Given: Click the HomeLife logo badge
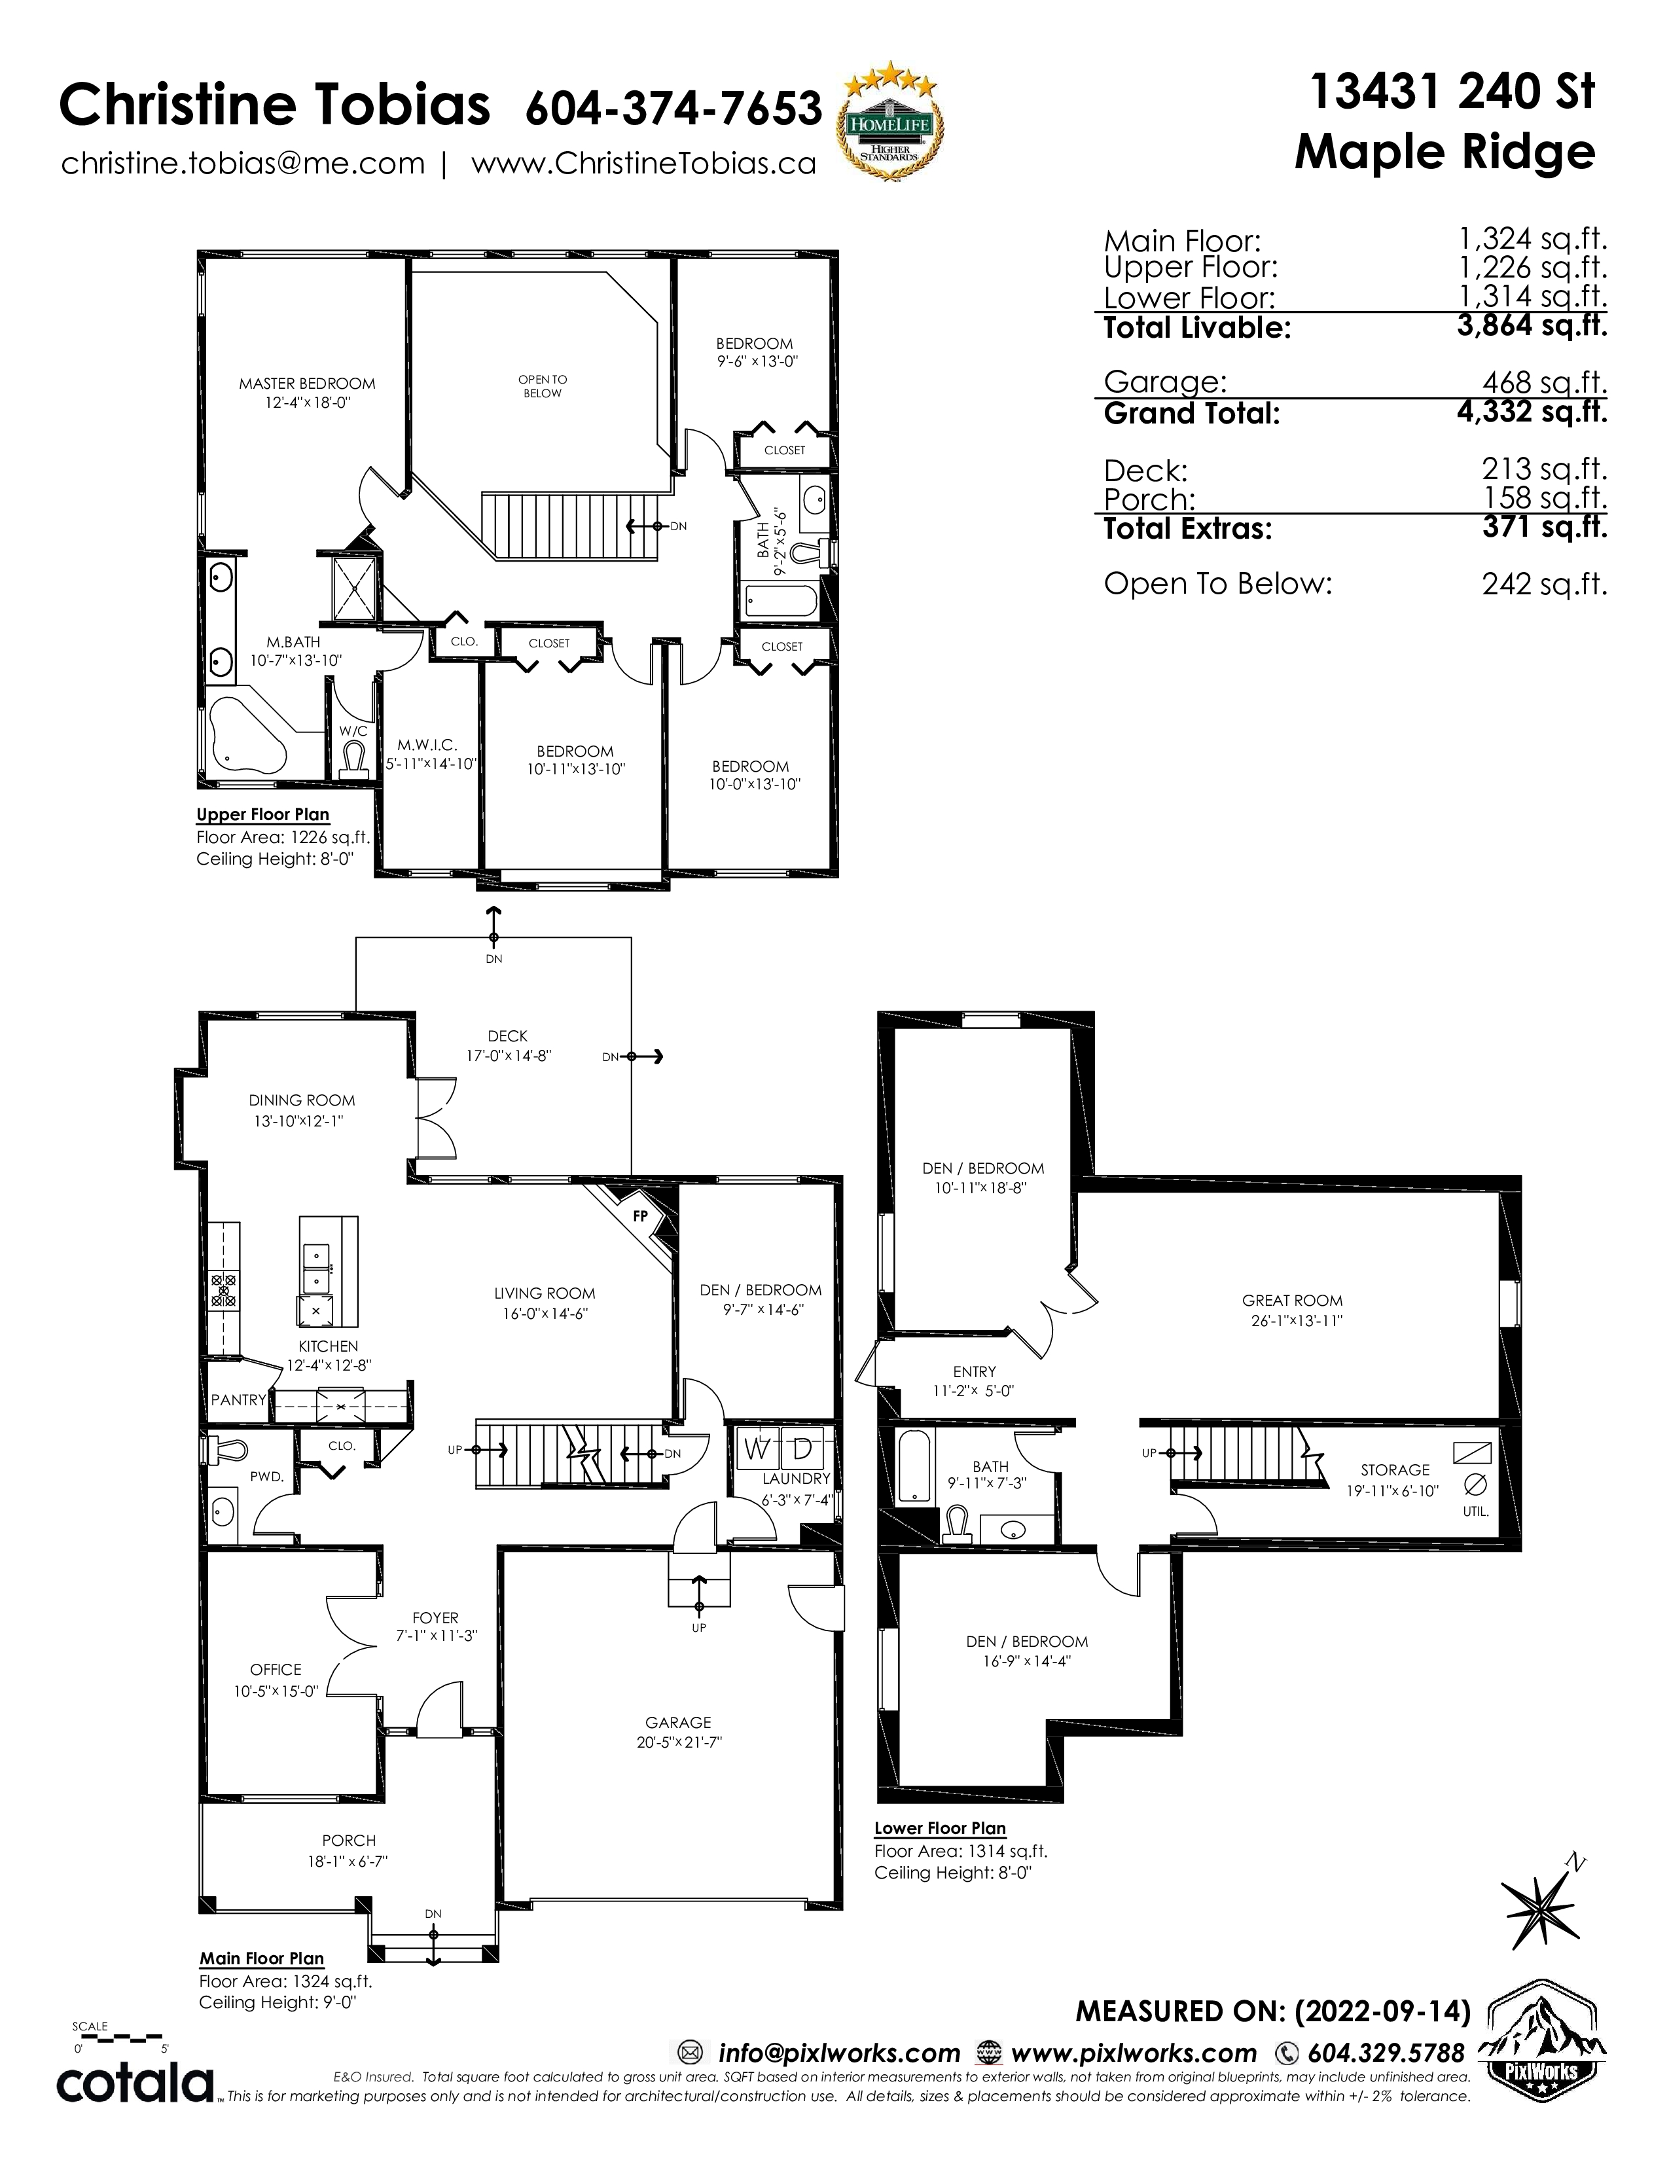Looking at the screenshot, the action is point(890,126).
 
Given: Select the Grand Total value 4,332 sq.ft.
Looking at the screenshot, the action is point(1532,412).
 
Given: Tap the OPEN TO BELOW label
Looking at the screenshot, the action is point(543,386).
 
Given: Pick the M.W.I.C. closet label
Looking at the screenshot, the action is point(427,745).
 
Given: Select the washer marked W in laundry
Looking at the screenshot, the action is point(757,1450).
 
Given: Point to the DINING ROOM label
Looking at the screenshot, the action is point(302,1100).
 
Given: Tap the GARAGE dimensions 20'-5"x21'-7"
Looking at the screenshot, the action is point(679,1742).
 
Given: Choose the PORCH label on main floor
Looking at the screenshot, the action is point(349,1841).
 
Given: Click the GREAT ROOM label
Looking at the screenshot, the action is point(1292,1301).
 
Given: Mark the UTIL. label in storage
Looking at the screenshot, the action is point(1475,1512).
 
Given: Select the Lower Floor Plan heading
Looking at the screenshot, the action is point(941,1829).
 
